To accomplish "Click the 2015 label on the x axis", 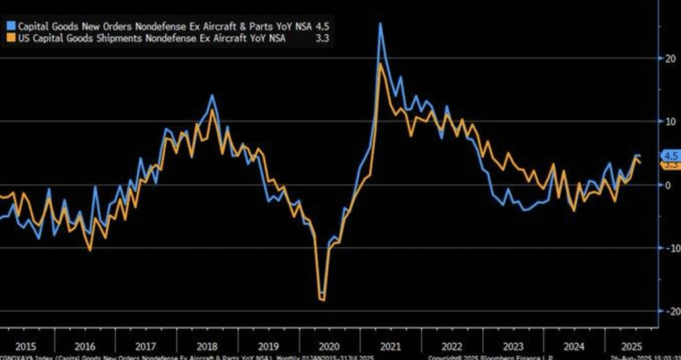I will (24, 347).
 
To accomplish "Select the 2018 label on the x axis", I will (205, 347).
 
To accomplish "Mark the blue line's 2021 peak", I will (380, 24).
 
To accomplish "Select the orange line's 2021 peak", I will (380, 64).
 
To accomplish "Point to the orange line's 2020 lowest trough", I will (324, 301).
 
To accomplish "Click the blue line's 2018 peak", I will (212, 95).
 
